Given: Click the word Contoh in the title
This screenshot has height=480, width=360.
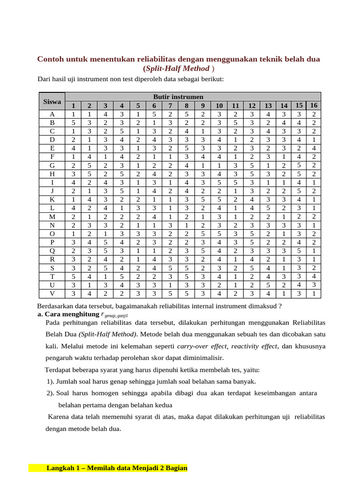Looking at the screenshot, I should [x=51, y=60].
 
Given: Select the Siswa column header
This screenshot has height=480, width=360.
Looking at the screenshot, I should [x=52, y=101].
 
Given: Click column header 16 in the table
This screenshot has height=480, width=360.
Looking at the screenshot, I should [x=314, y=105].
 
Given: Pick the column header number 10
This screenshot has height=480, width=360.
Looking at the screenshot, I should [x=219, y=106].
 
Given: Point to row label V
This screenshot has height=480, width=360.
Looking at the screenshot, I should [x=52, y=293].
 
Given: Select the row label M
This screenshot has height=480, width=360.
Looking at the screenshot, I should [x=52, y=216].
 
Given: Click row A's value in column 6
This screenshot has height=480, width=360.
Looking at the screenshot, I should [x=154, y=114].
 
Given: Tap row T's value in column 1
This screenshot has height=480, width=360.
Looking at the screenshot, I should [x=73, y=277].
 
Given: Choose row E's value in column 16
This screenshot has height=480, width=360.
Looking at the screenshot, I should [x=314, y=148].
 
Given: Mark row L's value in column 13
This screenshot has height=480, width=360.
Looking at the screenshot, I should [x=268, y=208].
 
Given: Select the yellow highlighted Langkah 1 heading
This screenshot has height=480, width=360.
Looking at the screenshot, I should [x=117, y=468].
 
